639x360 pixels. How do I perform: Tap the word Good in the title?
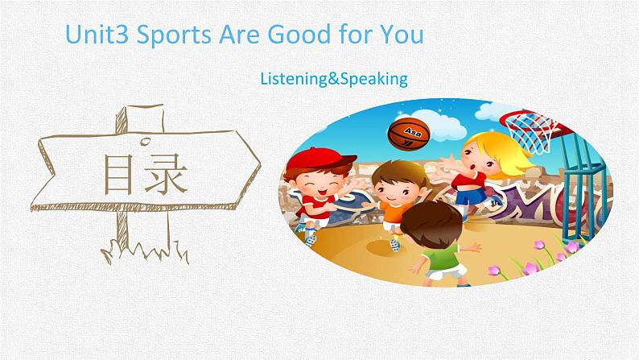(305, 35)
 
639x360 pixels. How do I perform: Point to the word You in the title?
(401, 35)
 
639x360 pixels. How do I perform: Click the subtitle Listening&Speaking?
(334, 79)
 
